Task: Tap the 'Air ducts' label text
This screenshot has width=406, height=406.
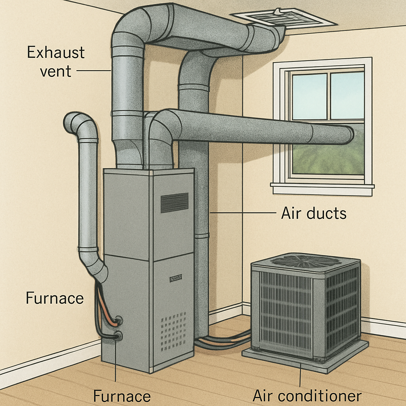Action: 314,213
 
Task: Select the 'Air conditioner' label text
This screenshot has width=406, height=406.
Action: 307,396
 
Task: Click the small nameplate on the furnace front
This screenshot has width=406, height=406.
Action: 176,278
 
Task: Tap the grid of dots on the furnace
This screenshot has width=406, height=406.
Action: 173,326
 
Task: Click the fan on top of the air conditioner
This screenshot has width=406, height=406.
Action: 305,261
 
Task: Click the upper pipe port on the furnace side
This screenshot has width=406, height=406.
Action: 117,320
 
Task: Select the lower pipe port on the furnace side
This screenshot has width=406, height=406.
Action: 118,337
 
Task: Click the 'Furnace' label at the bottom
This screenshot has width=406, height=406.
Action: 122,396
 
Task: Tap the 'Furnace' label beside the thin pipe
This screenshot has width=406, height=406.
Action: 55,298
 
